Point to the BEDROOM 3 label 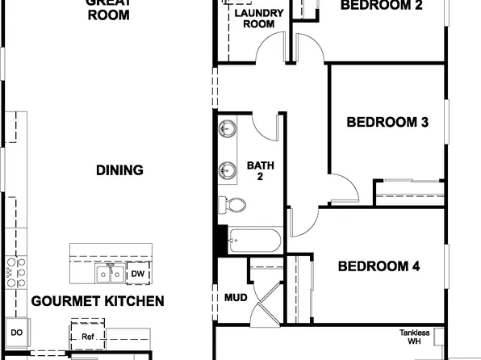click(x=387, y=123)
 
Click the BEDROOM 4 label click(x=378, y=266)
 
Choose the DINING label click(x=119, y=170)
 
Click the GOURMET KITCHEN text click(x=98, y=301)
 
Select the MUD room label click(x=235, y=298)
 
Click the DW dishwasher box click(x=137, y=274)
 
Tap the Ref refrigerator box click(x=87, y=337)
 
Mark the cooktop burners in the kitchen click(x=14, y=272)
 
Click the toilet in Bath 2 click(x=232, y=204)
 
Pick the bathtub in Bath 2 click(x=253, y=241)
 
